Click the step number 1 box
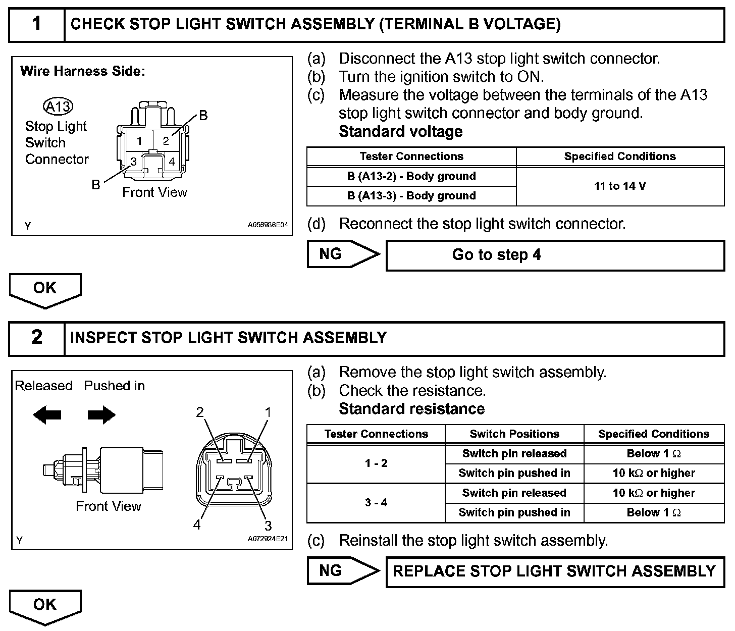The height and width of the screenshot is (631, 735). point(37,25)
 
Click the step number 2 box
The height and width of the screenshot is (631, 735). point(37,338)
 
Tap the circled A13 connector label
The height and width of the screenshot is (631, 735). point(59,107)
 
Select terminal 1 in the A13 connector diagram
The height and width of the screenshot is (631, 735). point(139,141)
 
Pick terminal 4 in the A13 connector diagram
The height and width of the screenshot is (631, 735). point(172,162)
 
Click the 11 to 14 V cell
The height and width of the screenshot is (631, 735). point(620,186)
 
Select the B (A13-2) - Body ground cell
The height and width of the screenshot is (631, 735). point(411,177)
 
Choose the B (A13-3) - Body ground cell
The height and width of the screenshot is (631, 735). point(411,196)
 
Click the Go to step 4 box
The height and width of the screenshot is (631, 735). point(555,255)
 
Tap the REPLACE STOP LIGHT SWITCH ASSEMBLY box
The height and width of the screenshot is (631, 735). point(555,571)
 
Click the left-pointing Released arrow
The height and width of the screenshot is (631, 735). point(47,415)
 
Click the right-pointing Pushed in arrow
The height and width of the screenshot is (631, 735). point(101,415)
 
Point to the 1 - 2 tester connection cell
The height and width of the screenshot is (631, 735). point(376,463)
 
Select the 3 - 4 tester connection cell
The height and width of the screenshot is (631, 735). point(376,503)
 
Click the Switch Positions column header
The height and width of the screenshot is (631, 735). point(514,434)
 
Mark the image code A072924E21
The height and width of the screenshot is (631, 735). point(268,539)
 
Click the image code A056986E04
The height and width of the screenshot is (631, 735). point(268,225)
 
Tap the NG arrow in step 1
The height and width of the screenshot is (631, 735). point(343,254)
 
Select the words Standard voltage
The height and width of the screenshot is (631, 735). point(401,132)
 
